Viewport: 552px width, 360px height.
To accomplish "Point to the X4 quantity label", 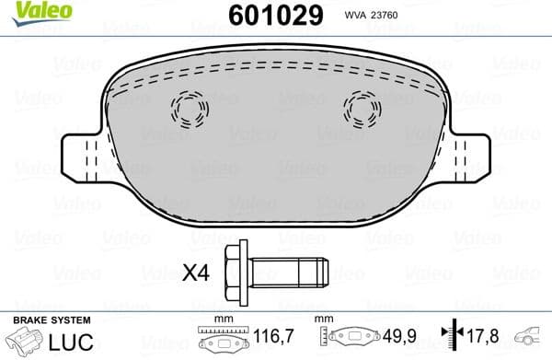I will (x=196, y=273).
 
